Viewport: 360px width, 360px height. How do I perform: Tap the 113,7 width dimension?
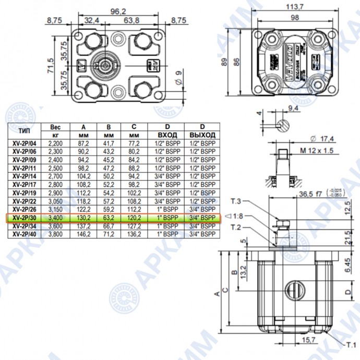296,7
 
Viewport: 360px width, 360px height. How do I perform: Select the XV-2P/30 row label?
25,217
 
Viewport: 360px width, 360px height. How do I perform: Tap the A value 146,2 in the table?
84,234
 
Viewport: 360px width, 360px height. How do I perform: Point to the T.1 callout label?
349,345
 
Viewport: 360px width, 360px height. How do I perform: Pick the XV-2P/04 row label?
25,143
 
